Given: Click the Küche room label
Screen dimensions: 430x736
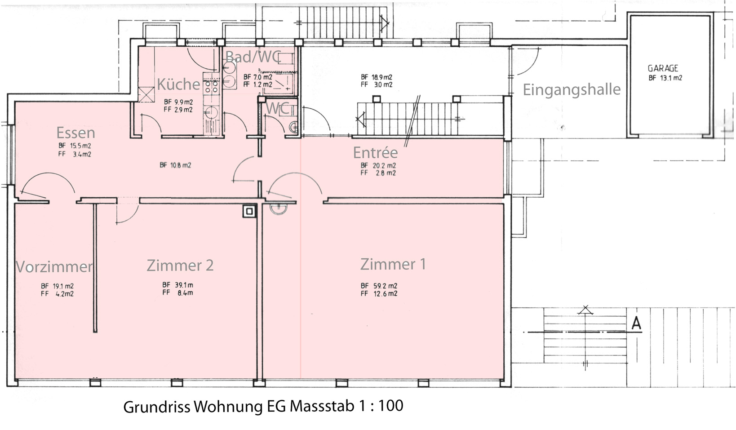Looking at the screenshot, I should [178, 84].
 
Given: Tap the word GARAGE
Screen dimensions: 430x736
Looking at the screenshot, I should [663, 68].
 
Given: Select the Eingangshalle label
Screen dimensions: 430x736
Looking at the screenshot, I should [571, 89].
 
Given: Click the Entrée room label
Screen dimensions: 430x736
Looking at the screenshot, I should [375, 153].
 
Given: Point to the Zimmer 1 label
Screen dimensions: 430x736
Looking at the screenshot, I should [393, 264].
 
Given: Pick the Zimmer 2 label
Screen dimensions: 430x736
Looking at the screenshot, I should [180, 265].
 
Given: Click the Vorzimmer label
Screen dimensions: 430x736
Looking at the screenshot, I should [54, 266].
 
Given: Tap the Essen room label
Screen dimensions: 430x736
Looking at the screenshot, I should [75, 133].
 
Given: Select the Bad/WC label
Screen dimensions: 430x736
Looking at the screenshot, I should [253, 57].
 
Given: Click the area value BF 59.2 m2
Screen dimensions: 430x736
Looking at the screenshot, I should [379, 285].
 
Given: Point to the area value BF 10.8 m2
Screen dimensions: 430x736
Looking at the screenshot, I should [175, 165].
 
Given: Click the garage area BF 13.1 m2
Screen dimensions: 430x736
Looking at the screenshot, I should [665, 78].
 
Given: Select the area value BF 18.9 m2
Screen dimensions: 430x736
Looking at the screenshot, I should [377, 77].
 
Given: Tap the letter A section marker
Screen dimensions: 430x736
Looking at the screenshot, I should [636, 323].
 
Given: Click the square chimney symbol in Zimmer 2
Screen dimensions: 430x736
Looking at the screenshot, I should [249, 211].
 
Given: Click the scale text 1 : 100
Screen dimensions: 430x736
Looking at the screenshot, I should [381, 406].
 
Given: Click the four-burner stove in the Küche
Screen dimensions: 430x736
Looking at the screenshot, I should [211, 86].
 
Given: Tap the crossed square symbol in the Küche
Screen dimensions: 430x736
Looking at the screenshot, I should [146, 94].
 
